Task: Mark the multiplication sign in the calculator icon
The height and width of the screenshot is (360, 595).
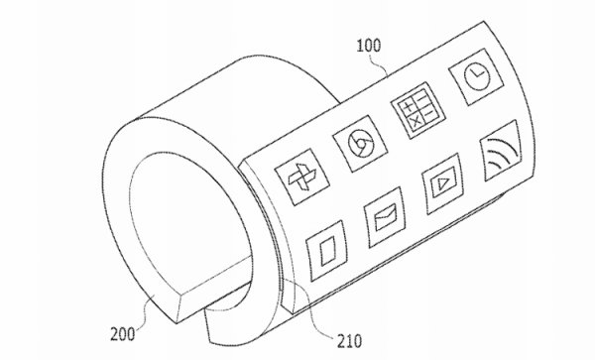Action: (x=407, y=120)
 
